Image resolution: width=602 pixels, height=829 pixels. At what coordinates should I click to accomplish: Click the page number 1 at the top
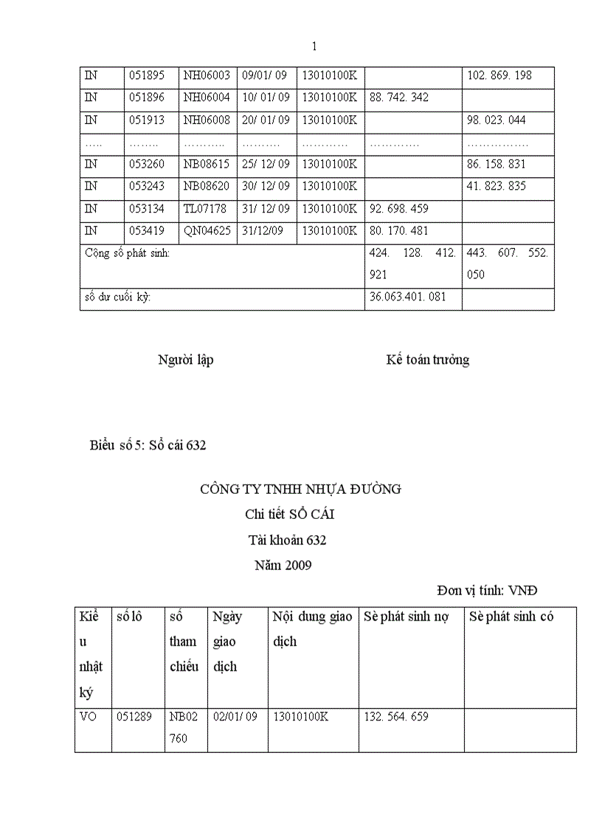315,47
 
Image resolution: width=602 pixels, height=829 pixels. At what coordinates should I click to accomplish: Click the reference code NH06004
207,97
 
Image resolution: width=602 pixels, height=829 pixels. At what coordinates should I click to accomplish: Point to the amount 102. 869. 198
499,75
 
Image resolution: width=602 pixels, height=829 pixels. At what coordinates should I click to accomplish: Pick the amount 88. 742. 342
398,97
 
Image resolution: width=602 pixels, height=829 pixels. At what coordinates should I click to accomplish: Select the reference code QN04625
207,230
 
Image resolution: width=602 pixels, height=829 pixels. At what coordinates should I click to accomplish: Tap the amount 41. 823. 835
497,186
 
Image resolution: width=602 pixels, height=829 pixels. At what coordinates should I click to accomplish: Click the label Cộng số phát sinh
127,253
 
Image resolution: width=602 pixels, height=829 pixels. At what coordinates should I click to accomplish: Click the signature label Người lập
186,360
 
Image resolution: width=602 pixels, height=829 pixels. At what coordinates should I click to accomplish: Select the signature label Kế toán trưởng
427,360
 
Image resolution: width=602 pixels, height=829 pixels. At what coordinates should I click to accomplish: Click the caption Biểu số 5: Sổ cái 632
148,445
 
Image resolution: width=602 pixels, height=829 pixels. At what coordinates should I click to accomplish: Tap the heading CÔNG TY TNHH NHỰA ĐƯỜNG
300,489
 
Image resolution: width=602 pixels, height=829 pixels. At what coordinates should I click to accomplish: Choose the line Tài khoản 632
287,540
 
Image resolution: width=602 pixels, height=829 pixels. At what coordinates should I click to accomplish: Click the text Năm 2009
283,566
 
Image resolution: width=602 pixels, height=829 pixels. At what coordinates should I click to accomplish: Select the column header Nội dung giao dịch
312,629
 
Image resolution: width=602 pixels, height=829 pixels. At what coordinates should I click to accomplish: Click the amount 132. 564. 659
396,717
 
